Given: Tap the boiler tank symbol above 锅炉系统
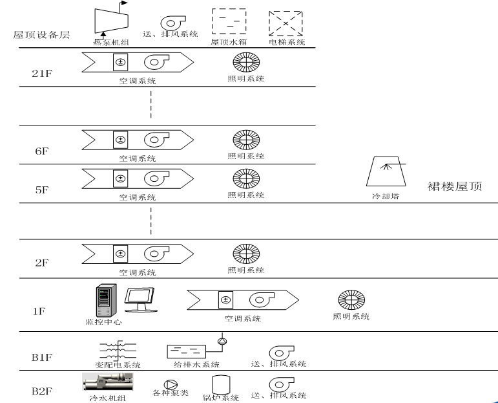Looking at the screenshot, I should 222,384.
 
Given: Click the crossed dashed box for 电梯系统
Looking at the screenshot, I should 285,22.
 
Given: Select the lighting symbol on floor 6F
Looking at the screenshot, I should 245,140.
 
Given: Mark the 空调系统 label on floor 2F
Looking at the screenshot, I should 137,272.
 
